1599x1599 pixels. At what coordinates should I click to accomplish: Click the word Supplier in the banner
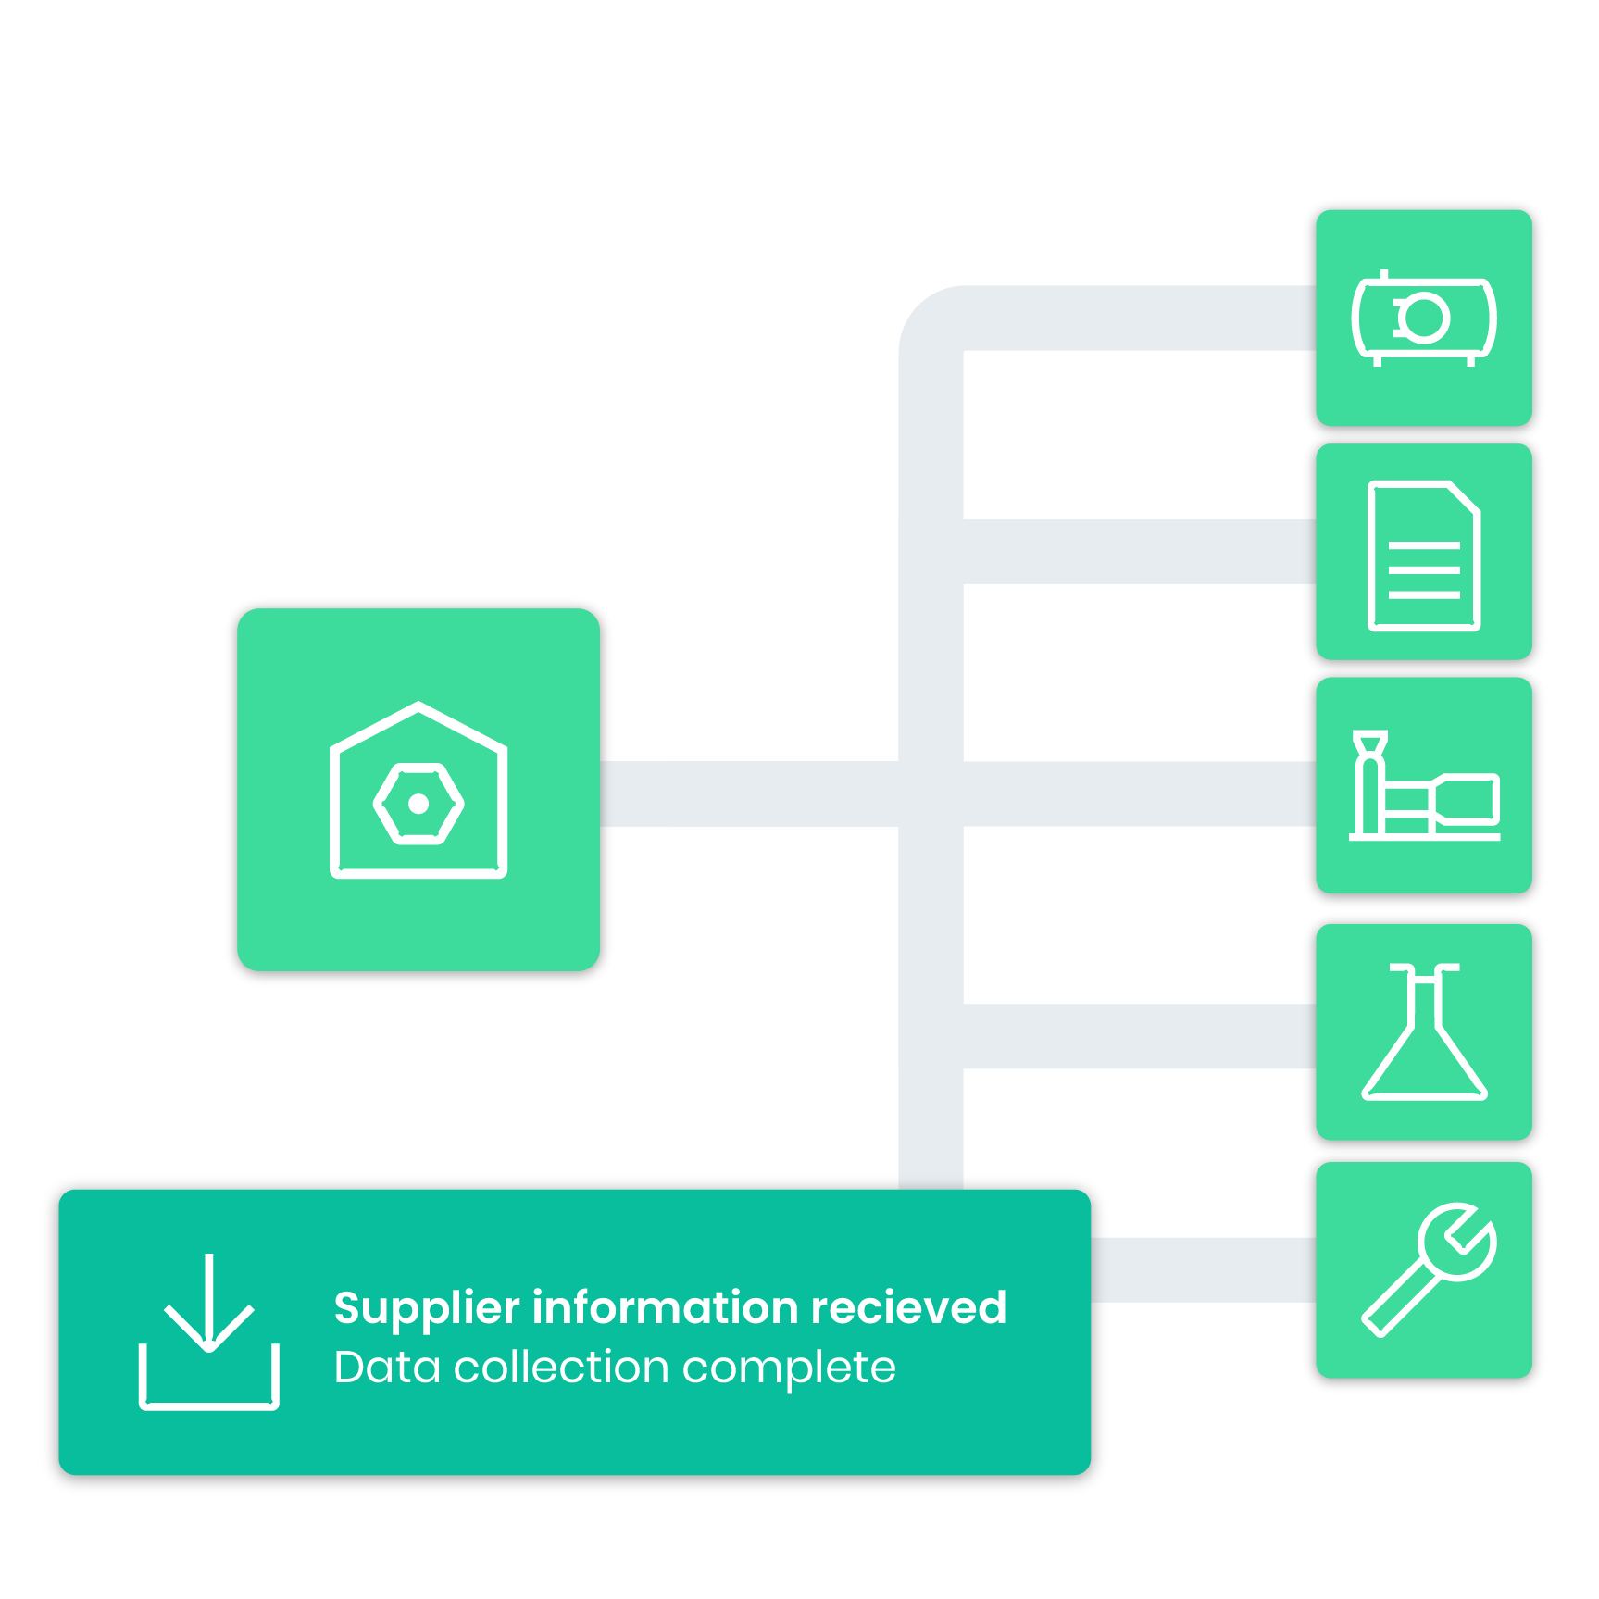pos(427,1309)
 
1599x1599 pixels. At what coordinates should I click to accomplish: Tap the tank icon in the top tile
pos(1424,318)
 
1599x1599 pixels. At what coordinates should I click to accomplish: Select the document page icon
pos(1424,556)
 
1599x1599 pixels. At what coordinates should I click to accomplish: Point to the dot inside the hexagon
pos(418,804)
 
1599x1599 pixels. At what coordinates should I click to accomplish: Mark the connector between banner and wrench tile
pos(1204,1269)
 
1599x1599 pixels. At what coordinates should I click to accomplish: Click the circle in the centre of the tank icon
pos(1423,319)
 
